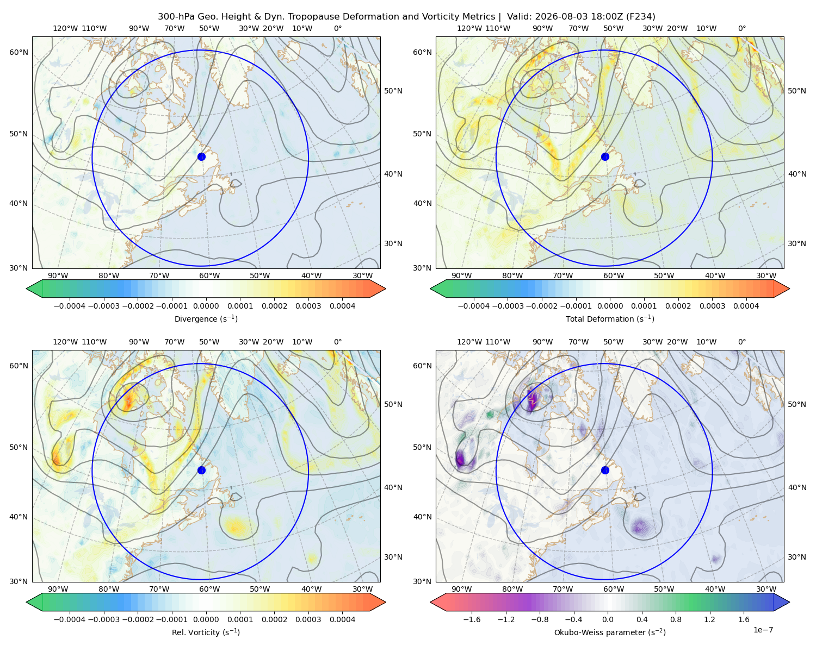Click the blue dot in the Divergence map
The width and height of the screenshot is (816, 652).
coord(201,156)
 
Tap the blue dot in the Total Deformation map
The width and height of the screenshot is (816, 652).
coord(605,156)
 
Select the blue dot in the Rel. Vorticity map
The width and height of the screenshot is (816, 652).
coord(201,470)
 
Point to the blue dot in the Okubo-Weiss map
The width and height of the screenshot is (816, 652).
coord(605,470)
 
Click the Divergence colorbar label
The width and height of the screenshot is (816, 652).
coord(206,318)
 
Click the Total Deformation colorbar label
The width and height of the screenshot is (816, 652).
coord(610,318)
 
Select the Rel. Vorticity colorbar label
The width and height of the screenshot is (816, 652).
coord(206,632)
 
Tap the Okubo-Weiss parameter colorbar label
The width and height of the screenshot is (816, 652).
coord(610,632)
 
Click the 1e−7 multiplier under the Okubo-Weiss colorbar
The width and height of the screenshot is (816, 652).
coord(763,630)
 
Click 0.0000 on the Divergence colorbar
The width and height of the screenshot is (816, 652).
coord(206,306)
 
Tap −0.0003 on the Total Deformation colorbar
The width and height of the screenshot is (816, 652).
coord(508,306)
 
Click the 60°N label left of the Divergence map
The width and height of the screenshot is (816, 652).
coord(18,52)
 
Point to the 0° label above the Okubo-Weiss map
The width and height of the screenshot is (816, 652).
coord(741,341)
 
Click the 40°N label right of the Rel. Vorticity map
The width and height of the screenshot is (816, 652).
coord(393,487)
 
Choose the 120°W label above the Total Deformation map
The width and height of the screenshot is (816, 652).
coord(469,28)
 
